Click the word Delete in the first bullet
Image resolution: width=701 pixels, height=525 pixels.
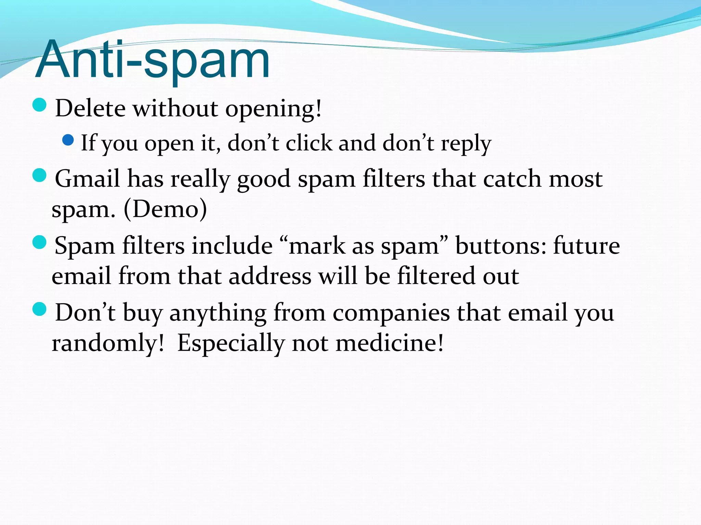click(90, 109)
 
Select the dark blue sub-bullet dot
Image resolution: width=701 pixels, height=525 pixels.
click(68, 140)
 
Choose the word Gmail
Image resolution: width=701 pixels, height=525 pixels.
click(87, 178)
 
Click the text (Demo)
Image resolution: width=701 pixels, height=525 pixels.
click(165, 209)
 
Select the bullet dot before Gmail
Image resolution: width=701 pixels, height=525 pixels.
click(39, 176)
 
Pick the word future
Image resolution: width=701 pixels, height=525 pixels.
click(586, 245)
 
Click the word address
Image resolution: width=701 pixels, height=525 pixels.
click(270, 276)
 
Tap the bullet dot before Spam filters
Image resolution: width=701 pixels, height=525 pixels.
click(39, 242)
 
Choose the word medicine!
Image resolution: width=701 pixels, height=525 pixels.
click(390, 343)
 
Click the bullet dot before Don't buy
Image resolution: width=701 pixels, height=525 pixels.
click(39, 309)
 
